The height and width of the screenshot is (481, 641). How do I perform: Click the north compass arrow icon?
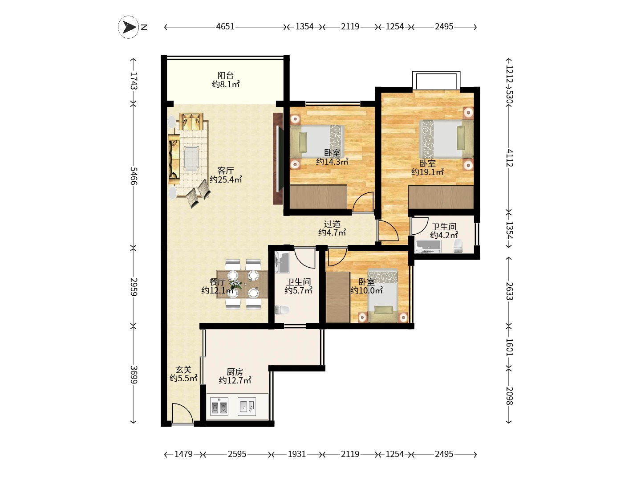tap(128, 27)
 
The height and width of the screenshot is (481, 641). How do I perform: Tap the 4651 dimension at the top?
tap(225, 27)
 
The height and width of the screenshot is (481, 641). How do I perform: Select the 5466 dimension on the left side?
tap(134, 176)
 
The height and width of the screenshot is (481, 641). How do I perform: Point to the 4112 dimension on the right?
tap(509, 158)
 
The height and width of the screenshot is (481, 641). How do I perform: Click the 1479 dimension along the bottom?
tap(183, 454)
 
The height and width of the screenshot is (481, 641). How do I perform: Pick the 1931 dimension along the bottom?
tap(297, 454)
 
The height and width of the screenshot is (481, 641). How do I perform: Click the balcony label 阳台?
tap(225, 75)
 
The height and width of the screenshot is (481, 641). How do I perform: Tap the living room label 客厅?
tap(225, 171)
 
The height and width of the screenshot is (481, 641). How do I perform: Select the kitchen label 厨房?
tap(235, 372)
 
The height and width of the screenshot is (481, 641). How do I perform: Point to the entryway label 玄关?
tap(183, 370)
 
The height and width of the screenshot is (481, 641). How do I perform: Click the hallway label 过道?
tap(332, 224)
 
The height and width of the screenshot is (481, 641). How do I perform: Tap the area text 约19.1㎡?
tap(427, 172)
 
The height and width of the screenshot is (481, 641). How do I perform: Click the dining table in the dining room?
tap(242, 284)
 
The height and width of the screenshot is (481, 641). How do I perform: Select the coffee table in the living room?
tap(191, 158)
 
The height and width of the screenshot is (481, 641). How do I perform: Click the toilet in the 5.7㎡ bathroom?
tap(282, 310)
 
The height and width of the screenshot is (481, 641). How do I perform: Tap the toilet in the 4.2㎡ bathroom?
tap(458, 245)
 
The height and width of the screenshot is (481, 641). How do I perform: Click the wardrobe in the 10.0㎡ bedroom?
tap(338, 298)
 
